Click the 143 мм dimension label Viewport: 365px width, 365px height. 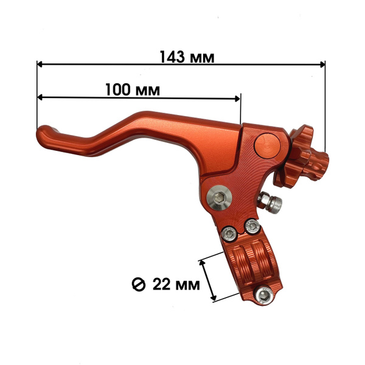tap(187, 57)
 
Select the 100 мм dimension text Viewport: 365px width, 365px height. tap(133, 90)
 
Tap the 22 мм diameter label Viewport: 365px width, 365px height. tap(176, 284)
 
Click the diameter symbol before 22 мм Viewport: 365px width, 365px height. tap(139, 285)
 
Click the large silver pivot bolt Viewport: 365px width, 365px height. tap(219, 198)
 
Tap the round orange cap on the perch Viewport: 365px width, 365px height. tap(267, 146)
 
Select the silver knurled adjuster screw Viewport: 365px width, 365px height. tap(270, 202)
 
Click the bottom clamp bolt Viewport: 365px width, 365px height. tap(265, 296)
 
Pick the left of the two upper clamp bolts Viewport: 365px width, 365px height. tap(229, 234)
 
